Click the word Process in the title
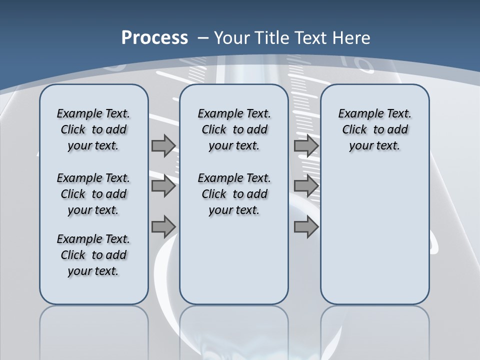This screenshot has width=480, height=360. tap(154, 37)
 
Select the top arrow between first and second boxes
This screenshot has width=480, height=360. tap(163, 145)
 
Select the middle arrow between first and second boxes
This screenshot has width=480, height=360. tap(163, 186)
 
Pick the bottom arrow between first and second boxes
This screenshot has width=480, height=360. tap(163, 226)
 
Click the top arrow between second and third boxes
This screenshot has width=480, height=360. tap(306, 145)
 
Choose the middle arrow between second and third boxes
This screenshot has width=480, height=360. tap(306, 186)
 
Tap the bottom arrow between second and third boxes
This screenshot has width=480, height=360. tap(306, 226)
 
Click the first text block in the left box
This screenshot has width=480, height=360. tap(93, 129)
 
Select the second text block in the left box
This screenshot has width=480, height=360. tap(93, 194)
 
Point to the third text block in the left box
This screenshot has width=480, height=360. tap(93, 255)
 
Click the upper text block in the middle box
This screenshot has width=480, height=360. tap(234, 129)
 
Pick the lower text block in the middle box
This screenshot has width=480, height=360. tap(234, 194)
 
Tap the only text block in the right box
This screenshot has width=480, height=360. tap(374, 129)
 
